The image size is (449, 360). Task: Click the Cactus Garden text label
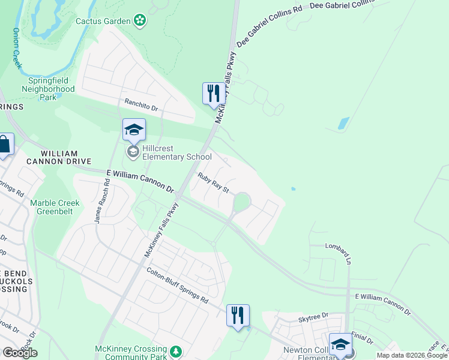103,21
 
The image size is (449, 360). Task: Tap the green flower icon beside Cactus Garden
140,21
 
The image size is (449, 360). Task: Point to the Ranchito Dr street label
140,106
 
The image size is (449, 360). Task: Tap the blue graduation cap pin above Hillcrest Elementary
134,130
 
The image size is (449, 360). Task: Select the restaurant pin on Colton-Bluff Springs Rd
238,316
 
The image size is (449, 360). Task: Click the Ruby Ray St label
214,183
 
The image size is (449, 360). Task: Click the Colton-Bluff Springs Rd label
177,285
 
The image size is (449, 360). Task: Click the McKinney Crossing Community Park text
130,353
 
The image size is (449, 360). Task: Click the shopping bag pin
4,145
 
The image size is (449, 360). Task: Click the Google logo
20,352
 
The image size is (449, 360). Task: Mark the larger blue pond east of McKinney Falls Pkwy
343,124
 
